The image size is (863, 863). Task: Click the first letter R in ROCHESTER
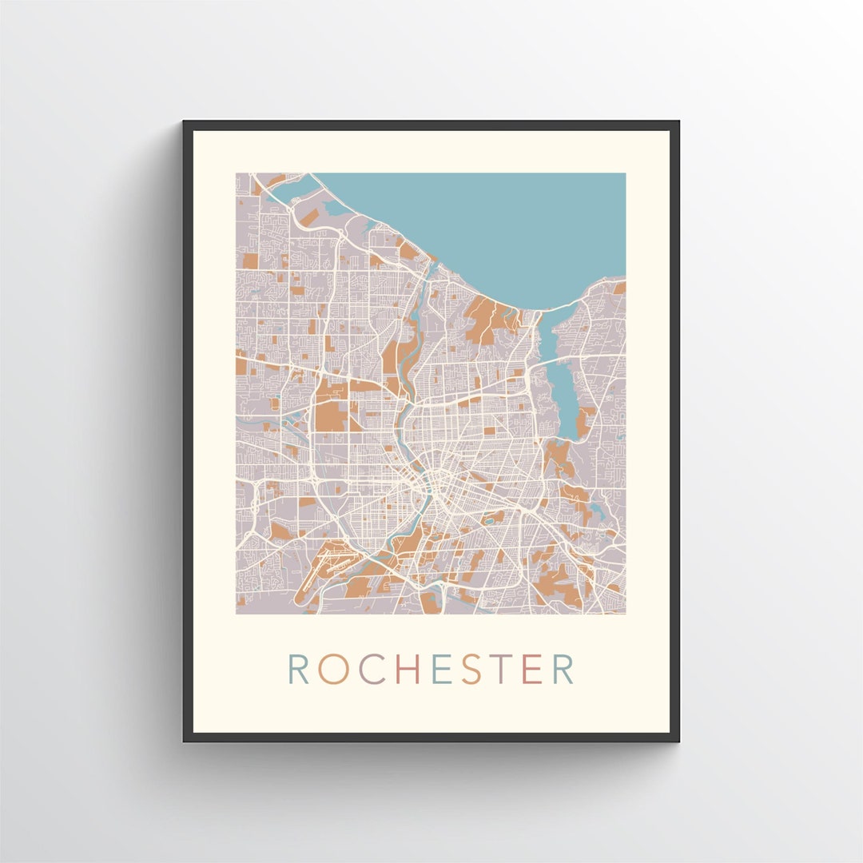click(x=298, y=669)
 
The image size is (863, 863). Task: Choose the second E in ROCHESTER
click(x=531, y=669)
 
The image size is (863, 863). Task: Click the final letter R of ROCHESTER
click(x=563, y=669)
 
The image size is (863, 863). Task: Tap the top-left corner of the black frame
click(x=185, y=122)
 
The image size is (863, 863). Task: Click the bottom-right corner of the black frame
click(x=678, y=740)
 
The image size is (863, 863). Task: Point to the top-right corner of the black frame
click(x=678, y=122)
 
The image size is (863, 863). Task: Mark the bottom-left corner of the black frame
click(x=185, y=740)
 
